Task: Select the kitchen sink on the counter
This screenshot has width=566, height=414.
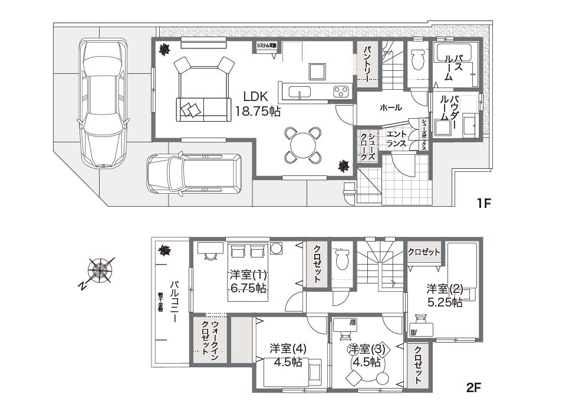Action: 300,92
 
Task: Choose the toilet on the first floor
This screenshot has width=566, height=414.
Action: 418,59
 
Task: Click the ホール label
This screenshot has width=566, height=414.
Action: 390,108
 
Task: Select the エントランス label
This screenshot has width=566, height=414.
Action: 395,139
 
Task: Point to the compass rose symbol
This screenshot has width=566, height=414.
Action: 101,270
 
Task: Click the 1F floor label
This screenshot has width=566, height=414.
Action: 484,204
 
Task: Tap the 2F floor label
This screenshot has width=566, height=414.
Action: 474,388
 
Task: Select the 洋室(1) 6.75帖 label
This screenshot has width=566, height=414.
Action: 248,281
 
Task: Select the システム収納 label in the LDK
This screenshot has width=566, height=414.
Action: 268,45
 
